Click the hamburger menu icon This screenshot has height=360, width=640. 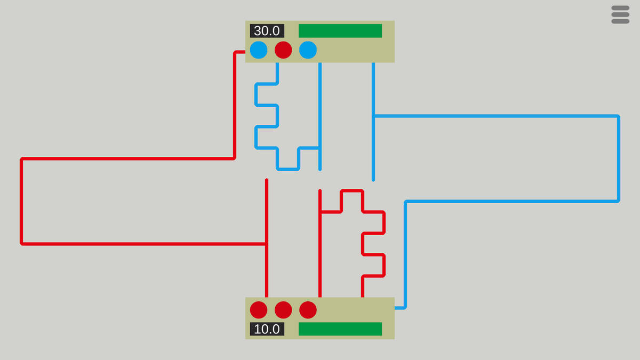(x=620, y=15)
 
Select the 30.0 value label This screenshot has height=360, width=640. (x=267, y=31)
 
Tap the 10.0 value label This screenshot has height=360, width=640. (x=267, y=329)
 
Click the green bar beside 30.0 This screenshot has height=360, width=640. (x=340, y=31)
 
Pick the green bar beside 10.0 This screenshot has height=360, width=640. (x=340, y=329)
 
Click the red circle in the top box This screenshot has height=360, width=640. (x=283, y=50)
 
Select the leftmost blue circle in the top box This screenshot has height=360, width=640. (x=259, y=50)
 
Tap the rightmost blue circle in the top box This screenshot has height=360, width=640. (x=308, y=50)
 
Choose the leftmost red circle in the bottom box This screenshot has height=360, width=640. (x=259, y=310)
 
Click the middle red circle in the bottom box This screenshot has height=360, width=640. (x=283, y=310)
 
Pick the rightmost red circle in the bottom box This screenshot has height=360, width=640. (x=308, y=310)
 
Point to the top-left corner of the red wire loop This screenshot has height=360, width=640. (x=21, y=159)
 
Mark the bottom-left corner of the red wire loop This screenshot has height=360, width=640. (x=21, y=244)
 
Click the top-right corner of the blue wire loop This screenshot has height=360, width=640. (x=618, y=116)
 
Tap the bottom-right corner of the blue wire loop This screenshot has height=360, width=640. (x=618, y=201)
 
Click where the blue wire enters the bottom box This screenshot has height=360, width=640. (x=396, y=308)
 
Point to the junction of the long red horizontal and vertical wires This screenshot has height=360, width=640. (x=267, y=244)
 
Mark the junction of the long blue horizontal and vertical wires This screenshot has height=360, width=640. (x=373, y=116)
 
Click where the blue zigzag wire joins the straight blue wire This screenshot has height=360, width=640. (x=320, y=148)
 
